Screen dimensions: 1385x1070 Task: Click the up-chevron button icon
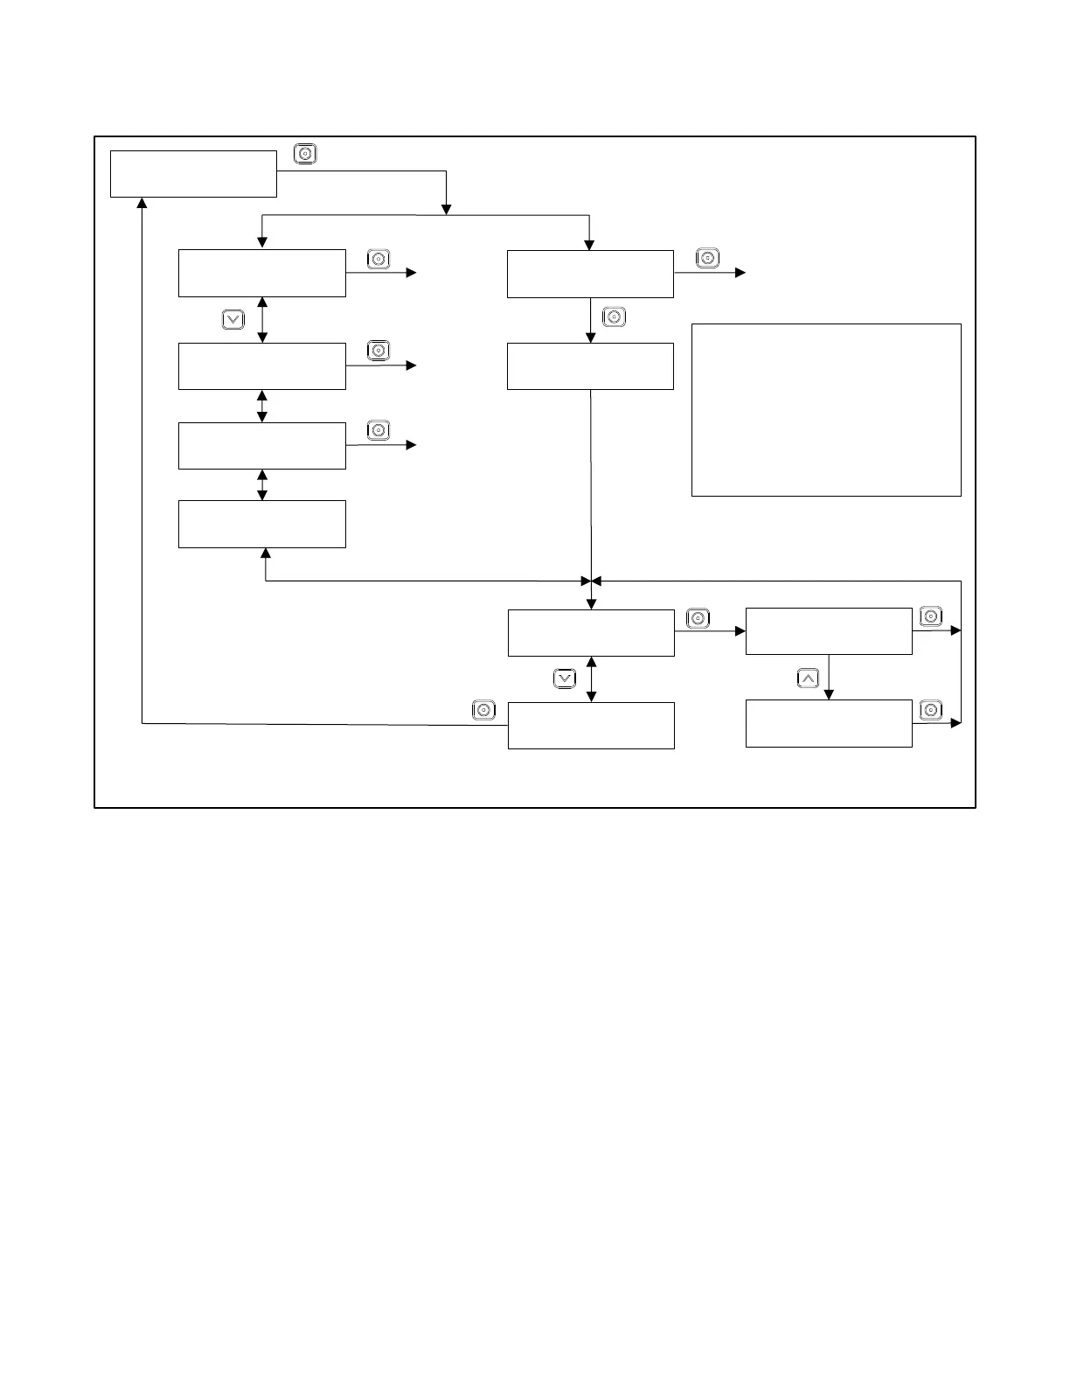click(x=809, y=678)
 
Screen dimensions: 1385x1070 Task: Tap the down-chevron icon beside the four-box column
click(x=233, y=320)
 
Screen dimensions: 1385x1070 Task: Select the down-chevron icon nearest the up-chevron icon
click(x=565, y=678)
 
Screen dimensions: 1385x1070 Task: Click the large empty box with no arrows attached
click(x=826, y=410)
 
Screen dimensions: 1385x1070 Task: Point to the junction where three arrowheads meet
click(x=592, y=581)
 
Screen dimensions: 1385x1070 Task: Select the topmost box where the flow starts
click(x=193, y=174)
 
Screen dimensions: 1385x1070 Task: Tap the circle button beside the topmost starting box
click(x=305, y=154)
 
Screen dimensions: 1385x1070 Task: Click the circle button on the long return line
click(x=483, y=710)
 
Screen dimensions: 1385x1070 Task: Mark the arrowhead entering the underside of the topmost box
click(x=142, y=203)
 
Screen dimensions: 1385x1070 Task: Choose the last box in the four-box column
click(x=262, y=524)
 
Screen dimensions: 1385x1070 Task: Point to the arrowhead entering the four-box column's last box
click(x=265, y=553)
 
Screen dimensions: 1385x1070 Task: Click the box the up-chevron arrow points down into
click(x=829, y=723)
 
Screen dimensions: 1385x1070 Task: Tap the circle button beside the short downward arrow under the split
click(x=615, y=317)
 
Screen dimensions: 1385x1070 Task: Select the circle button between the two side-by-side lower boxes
click(x=698, y=619)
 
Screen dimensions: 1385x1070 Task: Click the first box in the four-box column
click(x=262, y=273)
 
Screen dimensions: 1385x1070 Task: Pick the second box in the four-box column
click(x=262, y=365)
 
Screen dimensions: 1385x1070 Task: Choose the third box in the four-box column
click(x=262, y=446)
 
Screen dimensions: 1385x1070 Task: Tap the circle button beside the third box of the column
click(x=378, y=430)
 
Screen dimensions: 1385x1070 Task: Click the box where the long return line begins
click(x=591, y=725)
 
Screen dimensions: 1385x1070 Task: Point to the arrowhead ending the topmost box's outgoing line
click(x=447, y=210)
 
